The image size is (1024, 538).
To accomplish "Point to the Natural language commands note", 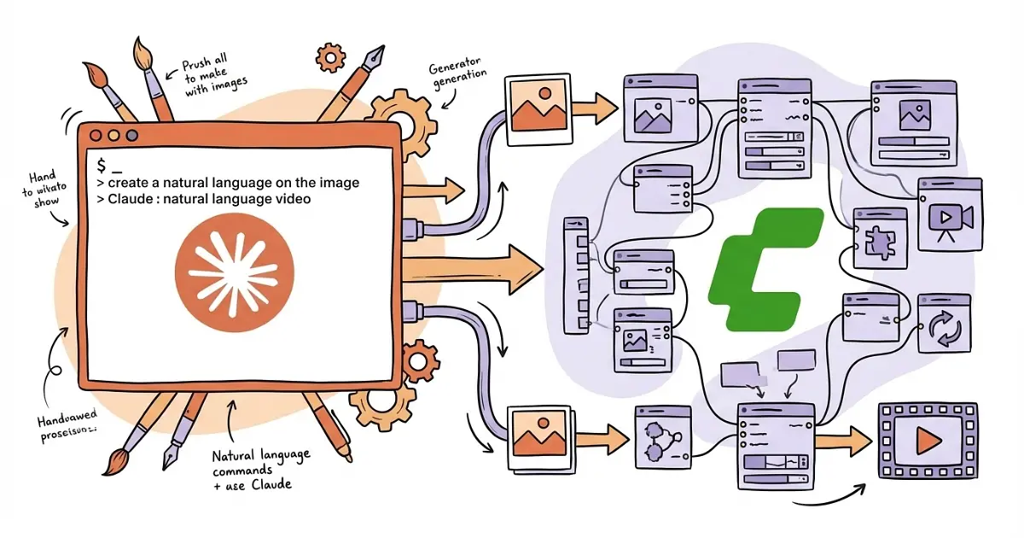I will pos(261,468).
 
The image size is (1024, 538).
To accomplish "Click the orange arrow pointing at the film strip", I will pos(843,439).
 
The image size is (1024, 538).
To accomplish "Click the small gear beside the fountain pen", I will pos(330,58).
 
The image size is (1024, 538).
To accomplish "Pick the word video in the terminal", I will pos(293,199).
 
